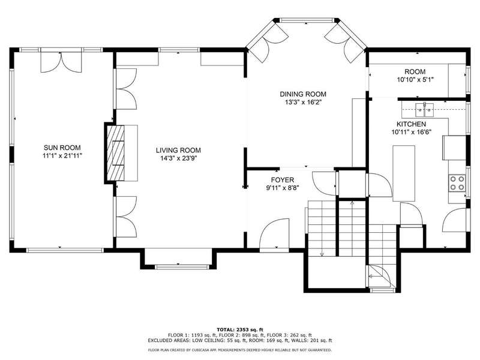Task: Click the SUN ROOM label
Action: [x=62, y=148]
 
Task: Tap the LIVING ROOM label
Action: [x=178, y=151]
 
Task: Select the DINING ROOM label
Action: [x=303, y=94]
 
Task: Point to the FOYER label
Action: [x=282, y=180]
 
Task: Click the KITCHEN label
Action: [x=411, y=124]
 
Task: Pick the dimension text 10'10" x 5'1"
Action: [x=415, y=80]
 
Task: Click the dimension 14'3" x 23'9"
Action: [x=178, y=158]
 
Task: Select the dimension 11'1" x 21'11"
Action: [x=62, y=156]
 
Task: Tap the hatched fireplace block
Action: [x=115, y=153]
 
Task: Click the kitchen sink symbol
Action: [x=425, y=110]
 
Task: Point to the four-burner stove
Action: [x=457, y=183]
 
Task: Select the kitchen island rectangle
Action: [x=404, y=173]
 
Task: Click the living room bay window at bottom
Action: [x=178, y=267]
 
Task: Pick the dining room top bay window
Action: [x=307, y=20]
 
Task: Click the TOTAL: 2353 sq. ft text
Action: [x=240, y=329]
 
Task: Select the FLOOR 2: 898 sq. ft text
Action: [x=240, y=335]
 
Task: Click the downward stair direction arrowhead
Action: [x=322, y=254]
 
